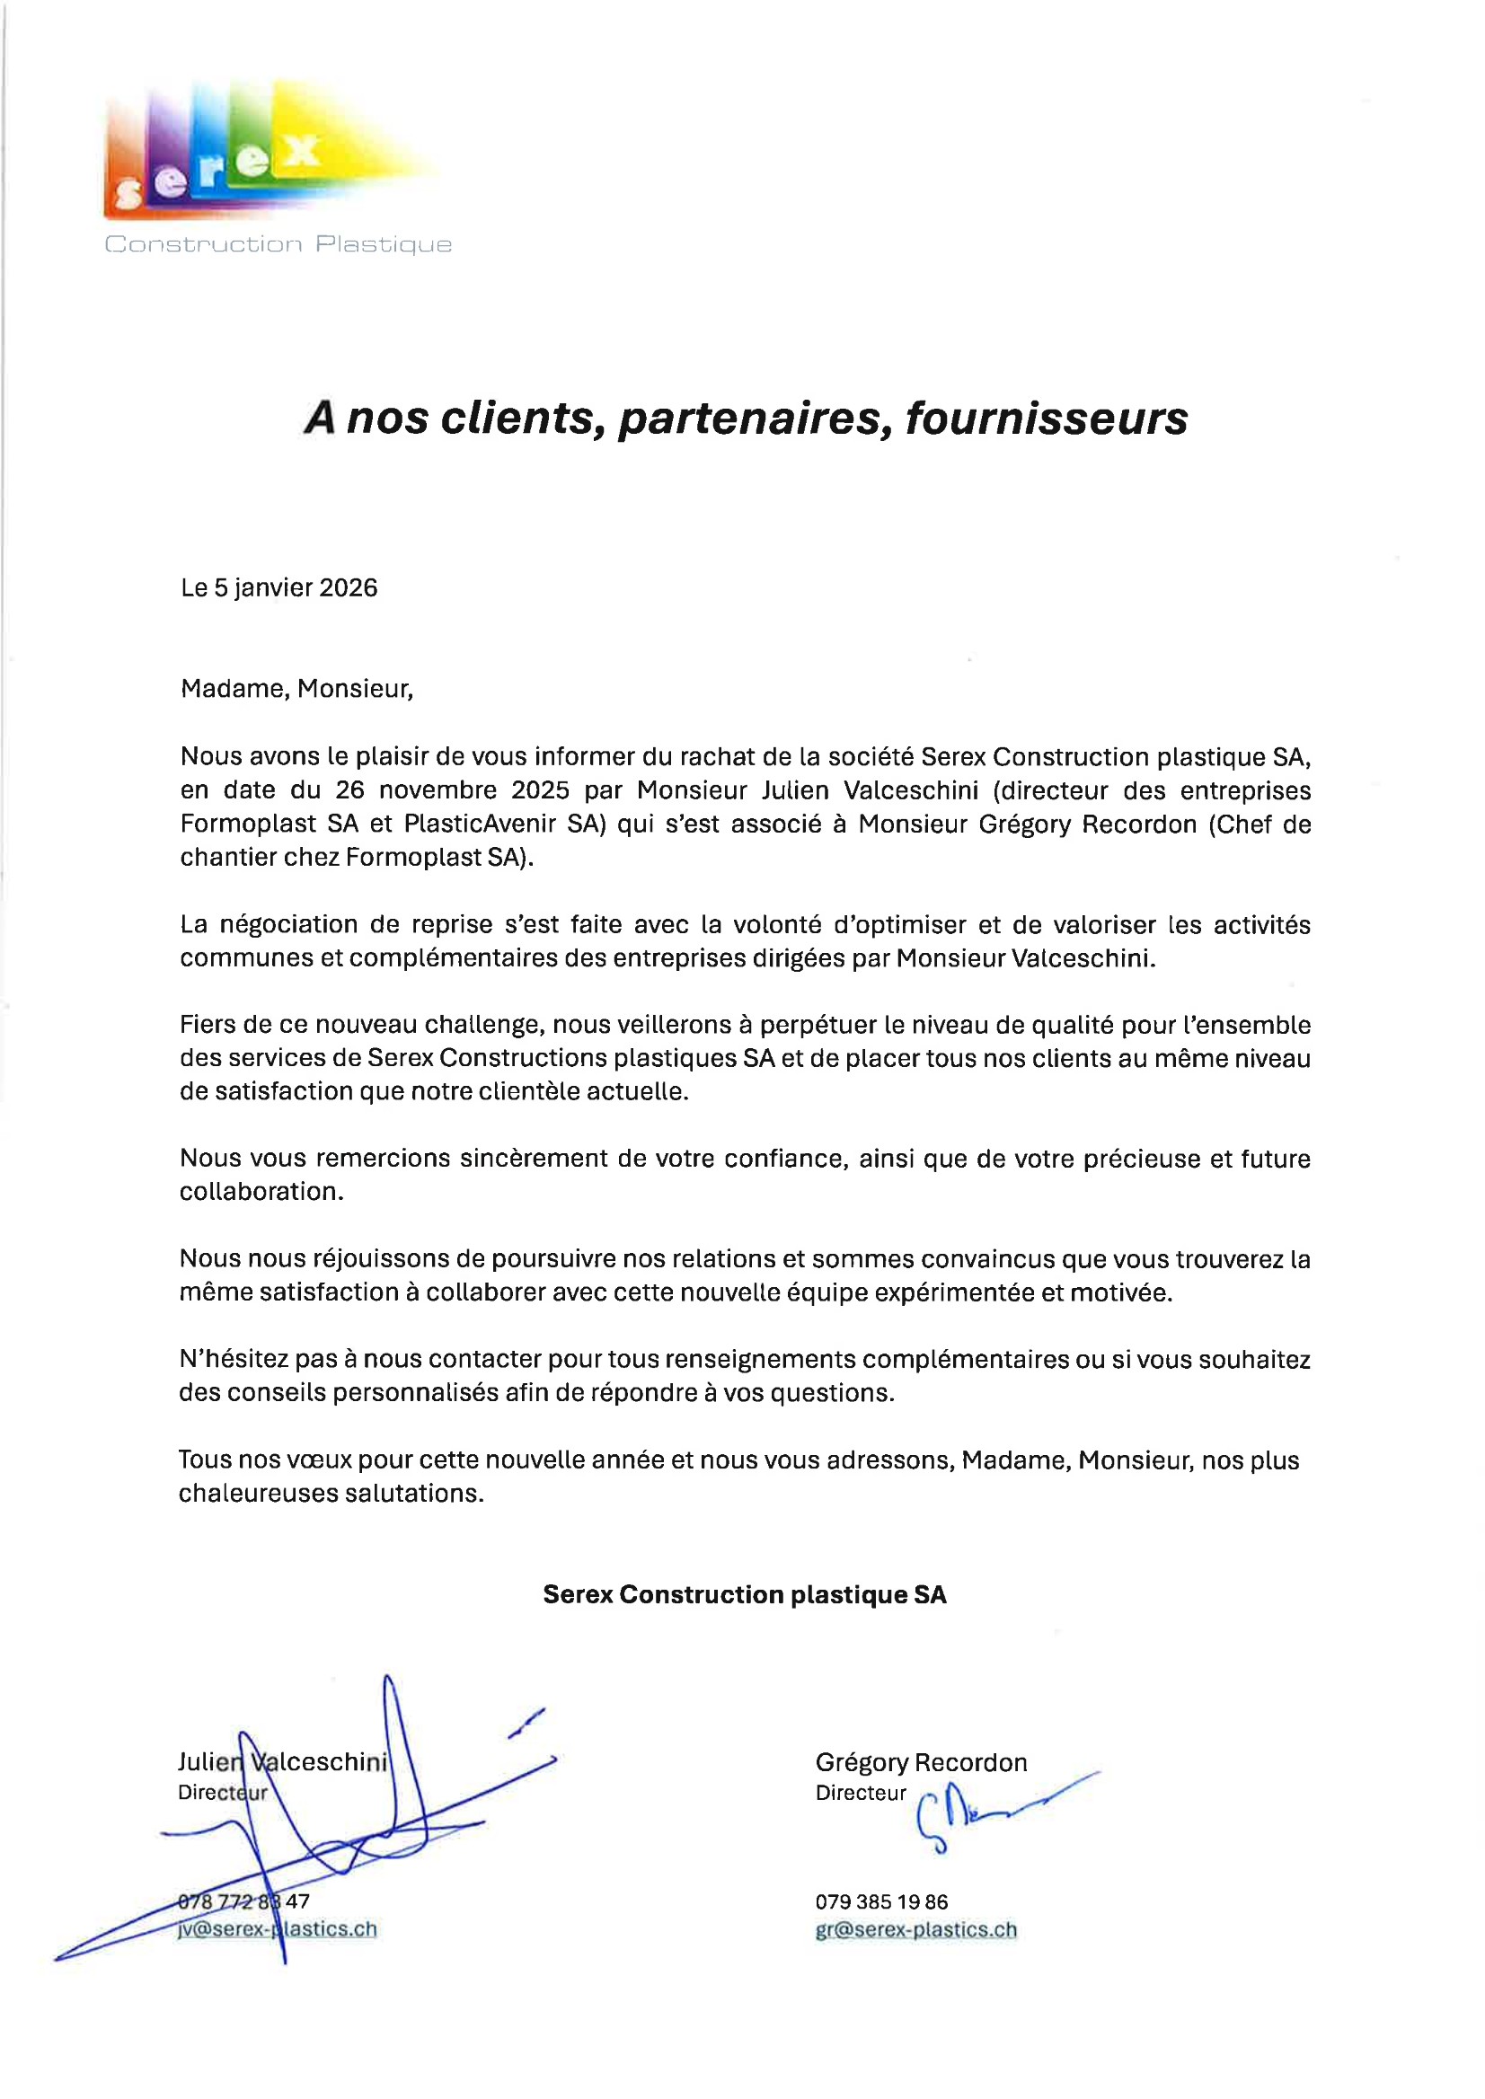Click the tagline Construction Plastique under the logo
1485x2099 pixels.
pos(278,244)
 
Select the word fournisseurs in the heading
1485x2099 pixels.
pos(1046,419)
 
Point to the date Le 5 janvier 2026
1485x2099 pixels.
pos(278,587)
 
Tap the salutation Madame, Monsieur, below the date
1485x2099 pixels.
pos(296,688)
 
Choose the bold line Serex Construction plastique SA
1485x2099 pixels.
pos(745,1594)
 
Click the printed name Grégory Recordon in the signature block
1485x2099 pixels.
pos(921,1762)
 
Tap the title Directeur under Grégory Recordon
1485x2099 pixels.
pos(861,1793)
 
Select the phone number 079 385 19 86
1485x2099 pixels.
pos(881,1901)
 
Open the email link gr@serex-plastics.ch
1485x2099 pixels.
pos(915,1929)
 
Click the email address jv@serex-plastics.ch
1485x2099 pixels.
pos(278,1929)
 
